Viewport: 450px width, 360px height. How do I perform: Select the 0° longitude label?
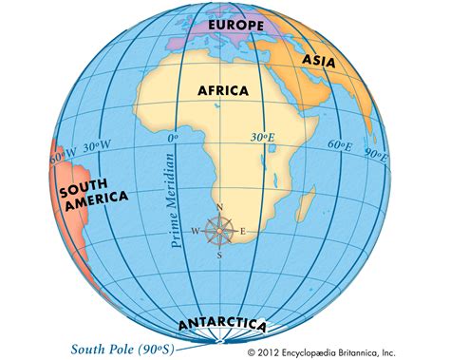point(174,137)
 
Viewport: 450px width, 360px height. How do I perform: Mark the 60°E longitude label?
point(339,145)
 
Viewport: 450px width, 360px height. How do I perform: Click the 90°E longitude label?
point(376,153)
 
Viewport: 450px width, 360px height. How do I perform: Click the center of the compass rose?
point(220,230)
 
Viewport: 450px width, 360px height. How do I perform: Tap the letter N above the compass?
point(220,208)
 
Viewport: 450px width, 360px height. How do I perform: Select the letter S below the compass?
point(220,254)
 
